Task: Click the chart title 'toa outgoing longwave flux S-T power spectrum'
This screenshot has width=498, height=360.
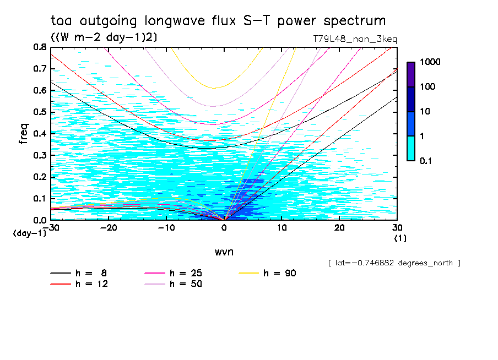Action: (x=218, y=21)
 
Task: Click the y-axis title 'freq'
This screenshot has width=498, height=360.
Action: (x=23, y=133)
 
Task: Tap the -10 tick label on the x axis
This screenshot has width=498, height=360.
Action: (x=166, y=227)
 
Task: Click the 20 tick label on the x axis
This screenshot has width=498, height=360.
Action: (x=339, y=227)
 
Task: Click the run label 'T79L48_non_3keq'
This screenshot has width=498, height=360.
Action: (x=354, y=39)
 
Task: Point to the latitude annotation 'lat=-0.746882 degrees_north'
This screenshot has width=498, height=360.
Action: (x=394, y=263)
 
